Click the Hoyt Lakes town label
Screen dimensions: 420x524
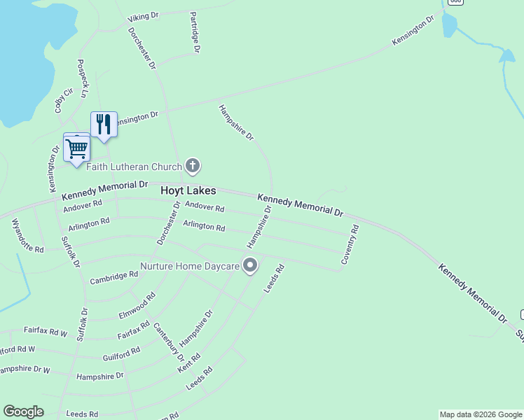pos(188,190)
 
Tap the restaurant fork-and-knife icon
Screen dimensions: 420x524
pos(104,125)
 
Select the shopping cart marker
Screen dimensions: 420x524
pos(76,148)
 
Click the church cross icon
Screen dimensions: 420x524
pos(193,166)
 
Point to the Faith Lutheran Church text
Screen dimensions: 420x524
pos(133,167)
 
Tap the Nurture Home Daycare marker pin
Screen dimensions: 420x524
pos(250,265)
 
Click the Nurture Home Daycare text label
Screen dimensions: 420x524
pos(188,266)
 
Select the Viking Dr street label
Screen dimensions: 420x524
pos(144,17)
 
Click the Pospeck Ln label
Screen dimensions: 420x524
pos(83,78)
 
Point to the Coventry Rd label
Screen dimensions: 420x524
pos(350,244)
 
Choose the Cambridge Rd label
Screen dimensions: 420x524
pos(114,278)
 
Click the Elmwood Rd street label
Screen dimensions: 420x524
pos(137,306)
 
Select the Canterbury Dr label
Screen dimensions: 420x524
pos(168,339)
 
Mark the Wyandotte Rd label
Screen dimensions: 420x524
pos(27,236)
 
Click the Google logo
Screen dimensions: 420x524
pos(23,412)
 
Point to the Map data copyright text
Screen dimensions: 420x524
pos(480,414)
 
